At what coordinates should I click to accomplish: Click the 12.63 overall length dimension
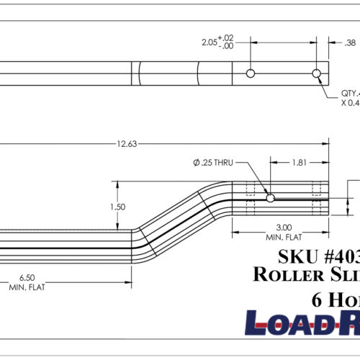[126, 144]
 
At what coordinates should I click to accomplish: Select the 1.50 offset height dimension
[118, 207]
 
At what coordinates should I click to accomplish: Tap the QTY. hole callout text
[350, 93]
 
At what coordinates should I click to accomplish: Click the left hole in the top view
[250, 73]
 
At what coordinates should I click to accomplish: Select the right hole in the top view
[316, 73]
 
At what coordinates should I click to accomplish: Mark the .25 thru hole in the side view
[270, 198]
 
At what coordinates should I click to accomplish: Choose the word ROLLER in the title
[285, 274]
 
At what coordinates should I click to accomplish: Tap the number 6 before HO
[318, 300]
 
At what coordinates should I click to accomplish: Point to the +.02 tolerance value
[226, 37]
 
